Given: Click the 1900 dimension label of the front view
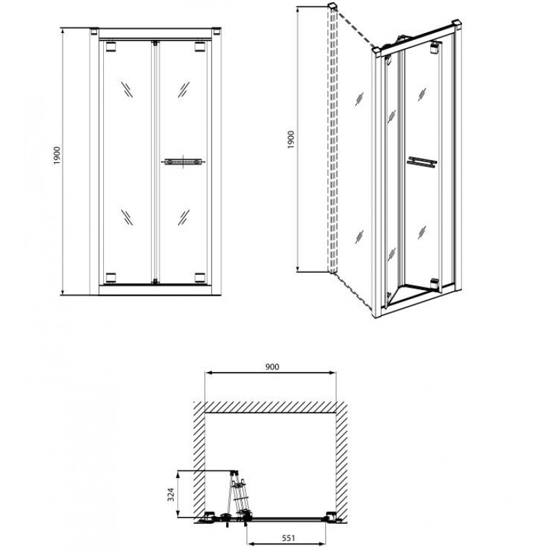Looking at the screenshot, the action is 57,156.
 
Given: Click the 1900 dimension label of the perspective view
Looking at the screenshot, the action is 291,140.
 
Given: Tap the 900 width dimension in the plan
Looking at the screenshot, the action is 272,367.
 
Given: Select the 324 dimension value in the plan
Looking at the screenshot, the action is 170,494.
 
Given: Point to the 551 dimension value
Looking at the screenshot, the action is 288,538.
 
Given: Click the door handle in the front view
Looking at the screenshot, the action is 183,162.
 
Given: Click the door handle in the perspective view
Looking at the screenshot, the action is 422,162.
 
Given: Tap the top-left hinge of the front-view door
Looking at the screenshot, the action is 111,47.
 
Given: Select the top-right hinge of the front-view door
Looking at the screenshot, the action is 200,47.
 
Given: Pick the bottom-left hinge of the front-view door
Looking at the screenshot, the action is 111,278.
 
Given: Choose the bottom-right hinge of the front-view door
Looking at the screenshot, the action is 200,278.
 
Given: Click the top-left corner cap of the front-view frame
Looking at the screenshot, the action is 94,31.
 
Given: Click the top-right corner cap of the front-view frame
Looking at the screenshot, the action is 217,31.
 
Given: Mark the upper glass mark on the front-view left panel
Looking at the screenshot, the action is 127,89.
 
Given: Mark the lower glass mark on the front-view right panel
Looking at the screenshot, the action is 184,217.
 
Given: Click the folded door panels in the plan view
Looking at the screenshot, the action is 239,494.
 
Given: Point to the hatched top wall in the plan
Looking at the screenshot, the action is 270,407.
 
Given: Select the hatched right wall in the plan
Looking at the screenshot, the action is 342,463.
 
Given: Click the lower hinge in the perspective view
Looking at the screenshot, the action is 434,284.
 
